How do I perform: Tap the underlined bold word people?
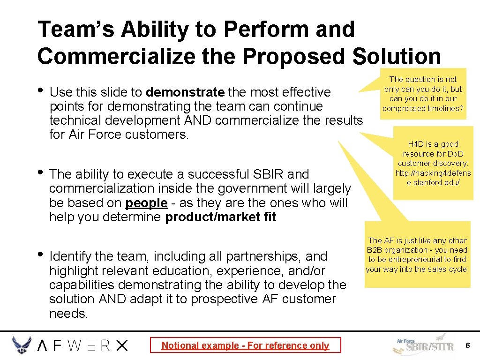[x=146, y=203]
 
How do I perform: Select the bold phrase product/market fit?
[x=221, y=217]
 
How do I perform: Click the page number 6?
[x=467, y=345]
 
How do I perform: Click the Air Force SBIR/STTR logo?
[x=424, y=345]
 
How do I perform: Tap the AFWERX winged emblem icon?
[x=22, y=345]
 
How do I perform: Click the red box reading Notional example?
[x=245, y=345]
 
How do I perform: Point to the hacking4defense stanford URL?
[x=433, y=178]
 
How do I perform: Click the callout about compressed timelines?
[x=423, y=94]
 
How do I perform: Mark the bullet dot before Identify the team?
[x=41, y=254]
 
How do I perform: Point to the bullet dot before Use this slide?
[x=41, y=90]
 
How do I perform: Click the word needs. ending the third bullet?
[x=68, y=314]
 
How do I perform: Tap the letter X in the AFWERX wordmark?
[x=121, y=345]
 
